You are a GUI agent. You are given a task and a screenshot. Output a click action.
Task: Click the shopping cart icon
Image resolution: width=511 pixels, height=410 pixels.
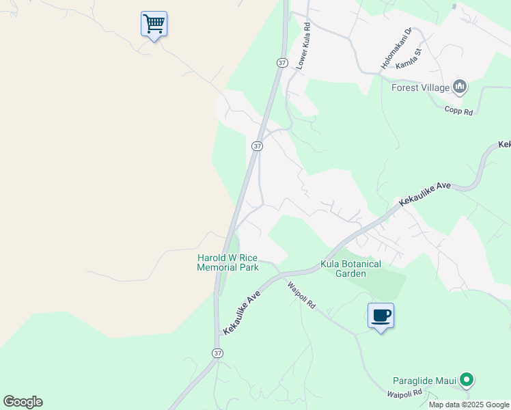pyautogui.click(x=154, y=24)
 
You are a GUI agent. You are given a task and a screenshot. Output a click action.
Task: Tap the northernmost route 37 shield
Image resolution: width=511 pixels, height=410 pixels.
pyautogui.click(x=282, y=62)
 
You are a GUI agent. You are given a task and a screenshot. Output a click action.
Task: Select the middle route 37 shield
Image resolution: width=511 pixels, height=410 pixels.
pyautogui.click(x=256, y=146)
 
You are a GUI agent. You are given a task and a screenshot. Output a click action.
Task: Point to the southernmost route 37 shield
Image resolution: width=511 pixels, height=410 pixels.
pyautogui.click(x=217, y=353)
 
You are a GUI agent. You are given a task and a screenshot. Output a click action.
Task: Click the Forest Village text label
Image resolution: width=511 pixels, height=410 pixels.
pyautogui.click(x=420, y=87)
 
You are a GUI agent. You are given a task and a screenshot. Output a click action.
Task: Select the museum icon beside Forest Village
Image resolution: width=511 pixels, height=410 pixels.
pyautogui.click(x=460, y=87)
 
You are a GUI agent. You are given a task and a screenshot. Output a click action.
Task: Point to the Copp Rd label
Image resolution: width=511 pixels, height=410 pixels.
pyautogui.click(x=458, y=110)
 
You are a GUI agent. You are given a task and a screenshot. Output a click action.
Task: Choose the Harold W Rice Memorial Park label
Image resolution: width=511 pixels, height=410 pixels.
pyautogui.click(x=228, y=262)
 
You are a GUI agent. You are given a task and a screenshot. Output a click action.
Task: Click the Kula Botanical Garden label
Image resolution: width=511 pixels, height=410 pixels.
pyautogui.click(x=350, y=269)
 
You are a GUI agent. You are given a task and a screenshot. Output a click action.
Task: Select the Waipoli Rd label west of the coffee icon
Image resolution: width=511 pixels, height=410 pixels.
pyautogui.click(x=301, y=295)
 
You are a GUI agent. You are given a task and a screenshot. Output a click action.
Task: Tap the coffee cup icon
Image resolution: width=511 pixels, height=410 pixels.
pyautogui.click(x=381, y=316)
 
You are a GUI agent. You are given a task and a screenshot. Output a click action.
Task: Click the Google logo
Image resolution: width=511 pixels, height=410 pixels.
pyautogui.click(x=23, y=402)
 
